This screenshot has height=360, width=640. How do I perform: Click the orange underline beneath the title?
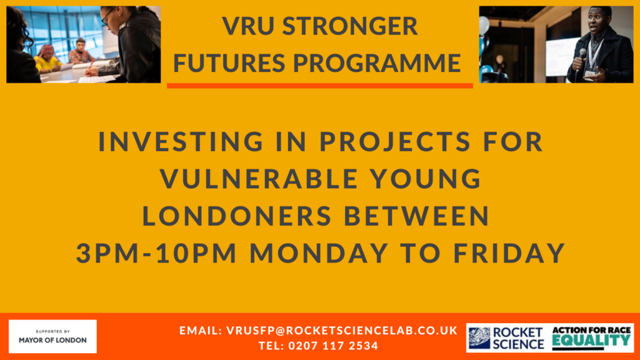tap(319, 85)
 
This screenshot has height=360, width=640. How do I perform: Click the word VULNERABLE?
tap(259, 178)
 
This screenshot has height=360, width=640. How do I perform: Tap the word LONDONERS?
tap(237, 216)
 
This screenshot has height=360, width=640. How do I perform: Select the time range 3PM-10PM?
tap(156, 252)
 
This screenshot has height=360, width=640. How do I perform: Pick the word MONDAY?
tap(319, 252)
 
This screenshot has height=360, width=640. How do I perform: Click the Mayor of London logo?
tap(52, 336)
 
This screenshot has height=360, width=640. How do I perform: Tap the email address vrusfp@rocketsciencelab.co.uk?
tap(342, 330)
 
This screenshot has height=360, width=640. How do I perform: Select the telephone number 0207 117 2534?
tap(333, 346)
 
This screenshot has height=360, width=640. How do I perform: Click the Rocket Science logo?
tap(506, 338)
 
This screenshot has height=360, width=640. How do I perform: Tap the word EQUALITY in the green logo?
tap(591, 341)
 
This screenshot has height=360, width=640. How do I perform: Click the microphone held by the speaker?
tap(581, 57)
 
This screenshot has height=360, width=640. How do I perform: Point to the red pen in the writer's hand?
tap(91, 64)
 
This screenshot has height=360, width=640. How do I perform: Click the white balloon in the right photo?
tap(484, 25)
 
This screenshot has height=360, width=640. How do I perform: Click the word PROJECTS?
tap(396, 141)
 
